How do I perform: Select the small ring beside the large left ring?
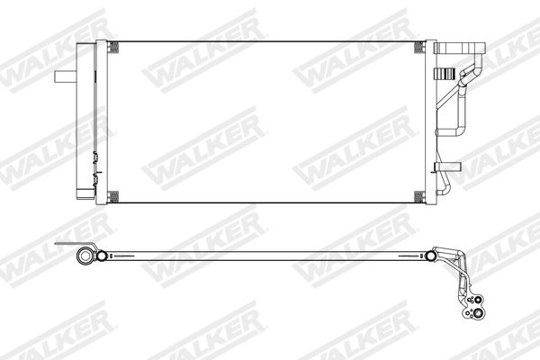click(x=104, y=256)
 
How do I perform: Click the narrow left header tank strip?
click(x=103, y=121)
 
